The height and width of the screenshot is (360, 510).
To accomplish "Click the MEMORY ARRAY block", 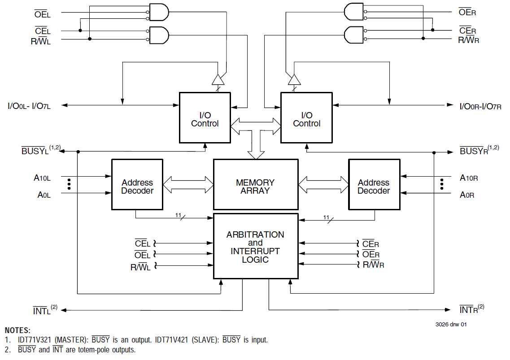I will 255,184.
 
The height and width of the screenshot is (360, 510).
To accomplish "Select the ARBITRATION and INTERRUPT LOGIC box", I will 255,246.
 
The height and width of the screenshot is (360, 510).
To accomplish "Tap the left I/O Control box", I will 205,117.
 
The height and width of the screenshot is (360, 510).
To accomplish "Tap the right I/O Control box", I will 306,117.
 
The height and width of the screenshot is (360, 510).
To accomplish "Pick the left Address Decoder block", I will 137,184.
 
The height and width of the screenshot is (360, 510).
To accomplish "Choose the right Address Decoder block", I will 373,184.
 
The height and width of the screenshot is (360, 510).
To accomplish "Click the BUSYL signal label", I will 36,151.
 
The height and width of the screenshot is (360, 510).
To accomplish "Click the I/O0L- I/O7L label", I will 29,106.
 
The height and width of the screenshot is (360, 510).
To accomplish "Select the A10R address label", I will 469,178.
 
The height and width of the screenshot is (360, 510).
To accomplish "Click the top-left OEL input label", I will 43,15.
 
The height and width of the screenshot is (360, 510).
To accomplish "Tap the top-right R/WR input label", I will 468,40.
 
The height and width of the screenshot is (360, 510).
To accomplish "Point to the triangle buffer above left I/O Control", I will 218,80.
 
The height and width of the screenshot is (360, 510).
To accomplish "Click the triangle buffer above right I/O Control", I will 294,80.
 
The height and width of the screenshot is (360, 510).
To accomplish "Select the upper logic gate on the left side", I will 158,12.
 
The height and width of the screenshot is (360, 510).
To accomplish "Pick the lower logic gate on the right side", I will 354,35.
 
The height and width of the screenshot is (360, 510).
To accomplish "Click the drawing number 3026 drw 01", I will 450,324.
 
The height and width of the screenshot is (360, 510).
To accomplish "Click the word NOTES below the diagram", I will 17,330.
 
